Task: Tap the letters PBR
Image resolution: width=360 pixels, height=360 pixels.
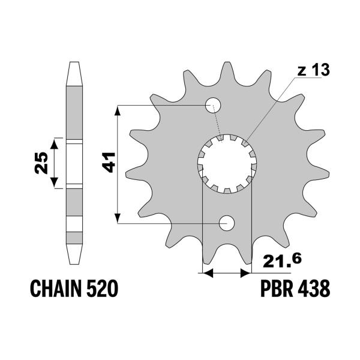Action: point(278,290)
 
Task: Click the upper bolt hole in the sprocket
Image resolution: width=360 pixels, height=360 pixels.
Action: point(214,106)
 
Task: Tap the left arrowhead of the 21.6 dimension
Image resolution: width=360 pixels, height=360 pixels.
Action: point(208,274)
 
